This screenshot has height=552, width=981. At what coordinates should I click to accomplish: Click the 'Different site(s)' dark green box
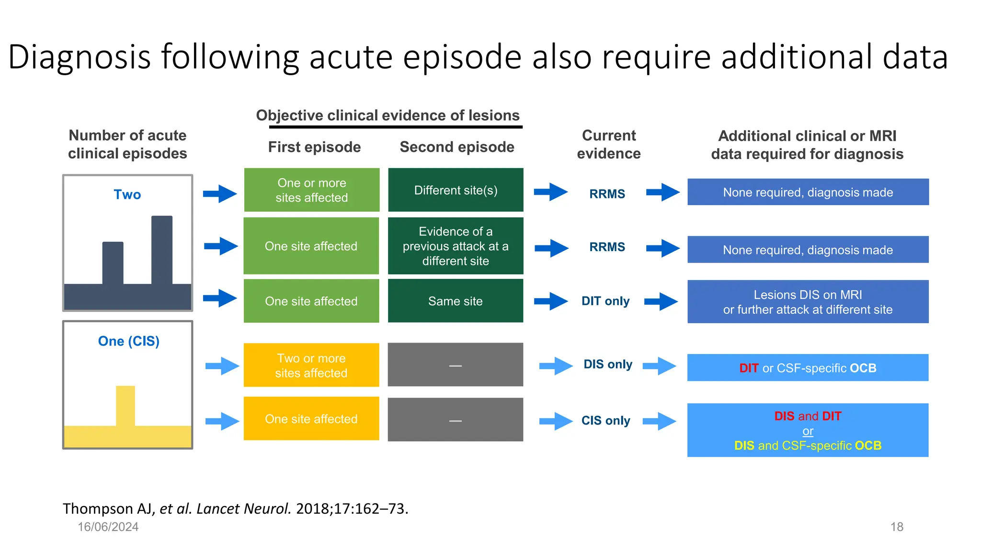pyautogui.click(x=456, y=190)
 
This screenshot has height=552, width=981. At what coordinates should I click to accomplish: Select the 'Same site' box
pyautogui.click(x=456, y=301)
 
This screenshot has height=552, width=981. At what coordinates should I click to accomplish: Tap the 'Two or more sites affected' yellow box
pyautogui.click(x=311, y=365)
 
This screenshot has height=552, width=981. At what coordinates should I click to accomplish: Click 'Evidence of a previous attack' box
pyautogui.click(x=456, y=246)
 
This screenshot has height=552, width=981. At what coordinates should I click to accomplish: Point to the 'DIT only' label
pyautogui.click(x=605, y=301)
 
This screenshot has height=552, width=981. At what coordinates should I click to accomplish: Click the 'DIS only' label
pyautogui.click(x=607, y=364)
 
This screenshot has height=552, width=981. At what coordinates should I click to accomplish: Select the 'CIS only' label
pyautogui.click(x=605, y=420)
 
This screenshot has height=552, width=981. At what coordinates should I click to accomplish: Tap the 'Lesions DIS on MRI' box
pyautogui.click(x=808, y=301)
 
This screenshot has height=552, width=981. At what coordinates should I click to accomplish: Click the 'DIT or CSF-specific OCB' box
pyautogui.click(x=808, y=368)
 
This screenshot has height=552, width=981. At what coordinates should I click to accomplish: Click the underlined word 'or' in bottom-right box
pyautogui.click(x=808, y=431)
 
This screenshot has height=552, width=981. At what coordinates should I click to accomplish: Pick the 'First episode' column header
pyautogui.click(x=314, y=147)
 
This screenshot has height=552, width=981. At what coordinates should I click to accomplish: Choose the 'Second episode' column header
pyautogui.click(x=457, y=147)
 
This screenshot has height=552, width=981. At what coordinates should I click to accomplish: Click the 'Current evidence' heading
pyautogui.click(x=608, y=144)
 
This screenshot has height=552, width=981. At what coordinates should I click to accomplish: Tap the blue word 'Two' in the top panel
pyautogui.click(x=127, y=195)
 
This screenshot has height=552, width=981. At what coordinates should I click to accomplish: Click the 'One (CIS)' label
pyautogui.click(x=128, y=341)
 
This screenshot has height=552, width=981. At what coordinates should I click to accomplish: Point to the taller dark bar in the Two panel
pyautogui.click(x=162, y=249)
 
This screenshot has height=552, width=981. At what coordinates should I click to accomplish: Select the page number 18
pyautogui.click(x=897, y=527)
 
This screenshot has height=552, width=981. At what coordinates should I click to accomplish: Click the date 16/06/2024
pyautogui.click(x=108, y=527)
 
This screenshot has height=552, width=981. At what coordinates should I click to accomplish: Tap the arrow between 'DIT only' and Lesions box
pyautogui.click(x=661, y=301)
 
